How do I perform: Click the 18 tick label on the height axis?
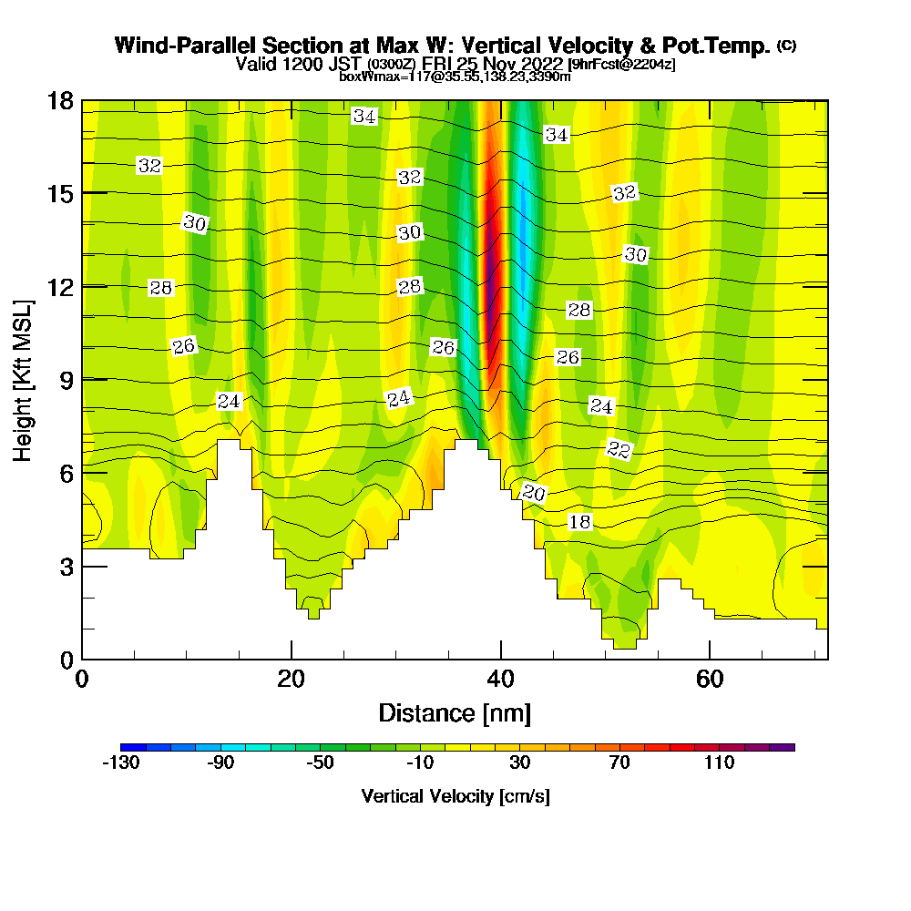coord(61,100)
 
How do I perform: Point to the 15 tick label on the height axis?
coord(61,193)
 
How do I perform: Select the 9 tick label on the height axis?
coord(66,379)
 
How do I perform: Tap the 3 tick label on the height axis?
coord(66,566)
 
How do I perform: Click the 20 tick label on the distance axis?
coord(291,680)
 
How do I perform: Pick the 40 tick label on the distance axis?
coord(500,680)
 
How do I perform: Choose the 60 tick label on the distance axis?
coord(709,680)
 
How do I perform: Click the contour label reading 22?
coord(619,449)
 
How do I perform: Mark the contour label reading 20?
coord(534,493)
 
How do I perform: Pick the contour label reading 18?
coord(579,522)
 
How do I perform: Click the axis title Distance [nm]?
coord(455,712)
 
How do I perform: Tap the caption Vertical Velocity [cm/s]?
coord(455,796)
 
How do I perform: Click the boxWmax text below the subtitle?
coord(366,77)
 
